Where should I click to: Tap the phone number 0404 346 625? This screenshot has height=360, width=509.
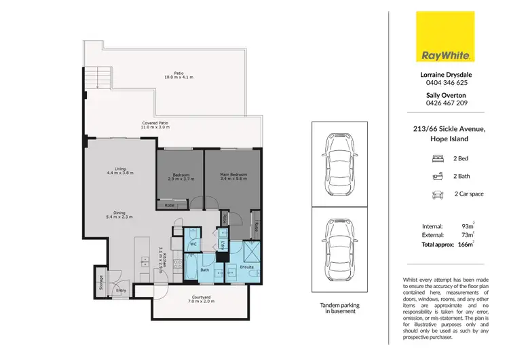coord(447,82)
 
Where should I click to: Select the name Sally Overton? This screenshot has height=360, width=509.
coord(447,96)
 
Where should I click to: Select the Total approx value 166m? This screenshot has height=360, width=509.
coord(467,244)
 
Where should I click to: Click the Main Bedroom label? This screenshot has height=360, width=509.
coord(233,177)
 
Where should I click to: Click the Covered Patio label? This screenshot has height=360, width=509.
coord(154,126)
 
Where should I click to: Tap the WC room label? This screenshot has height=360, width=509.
coord(193,242)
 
